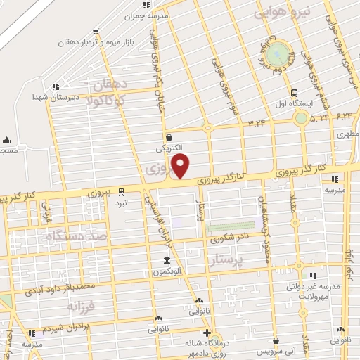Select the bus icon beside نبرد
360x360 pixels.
point(121,191)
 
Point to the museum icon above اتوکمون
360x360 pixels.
point(165,260)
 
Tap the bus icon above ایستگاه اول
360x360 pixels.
point(293,92)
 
